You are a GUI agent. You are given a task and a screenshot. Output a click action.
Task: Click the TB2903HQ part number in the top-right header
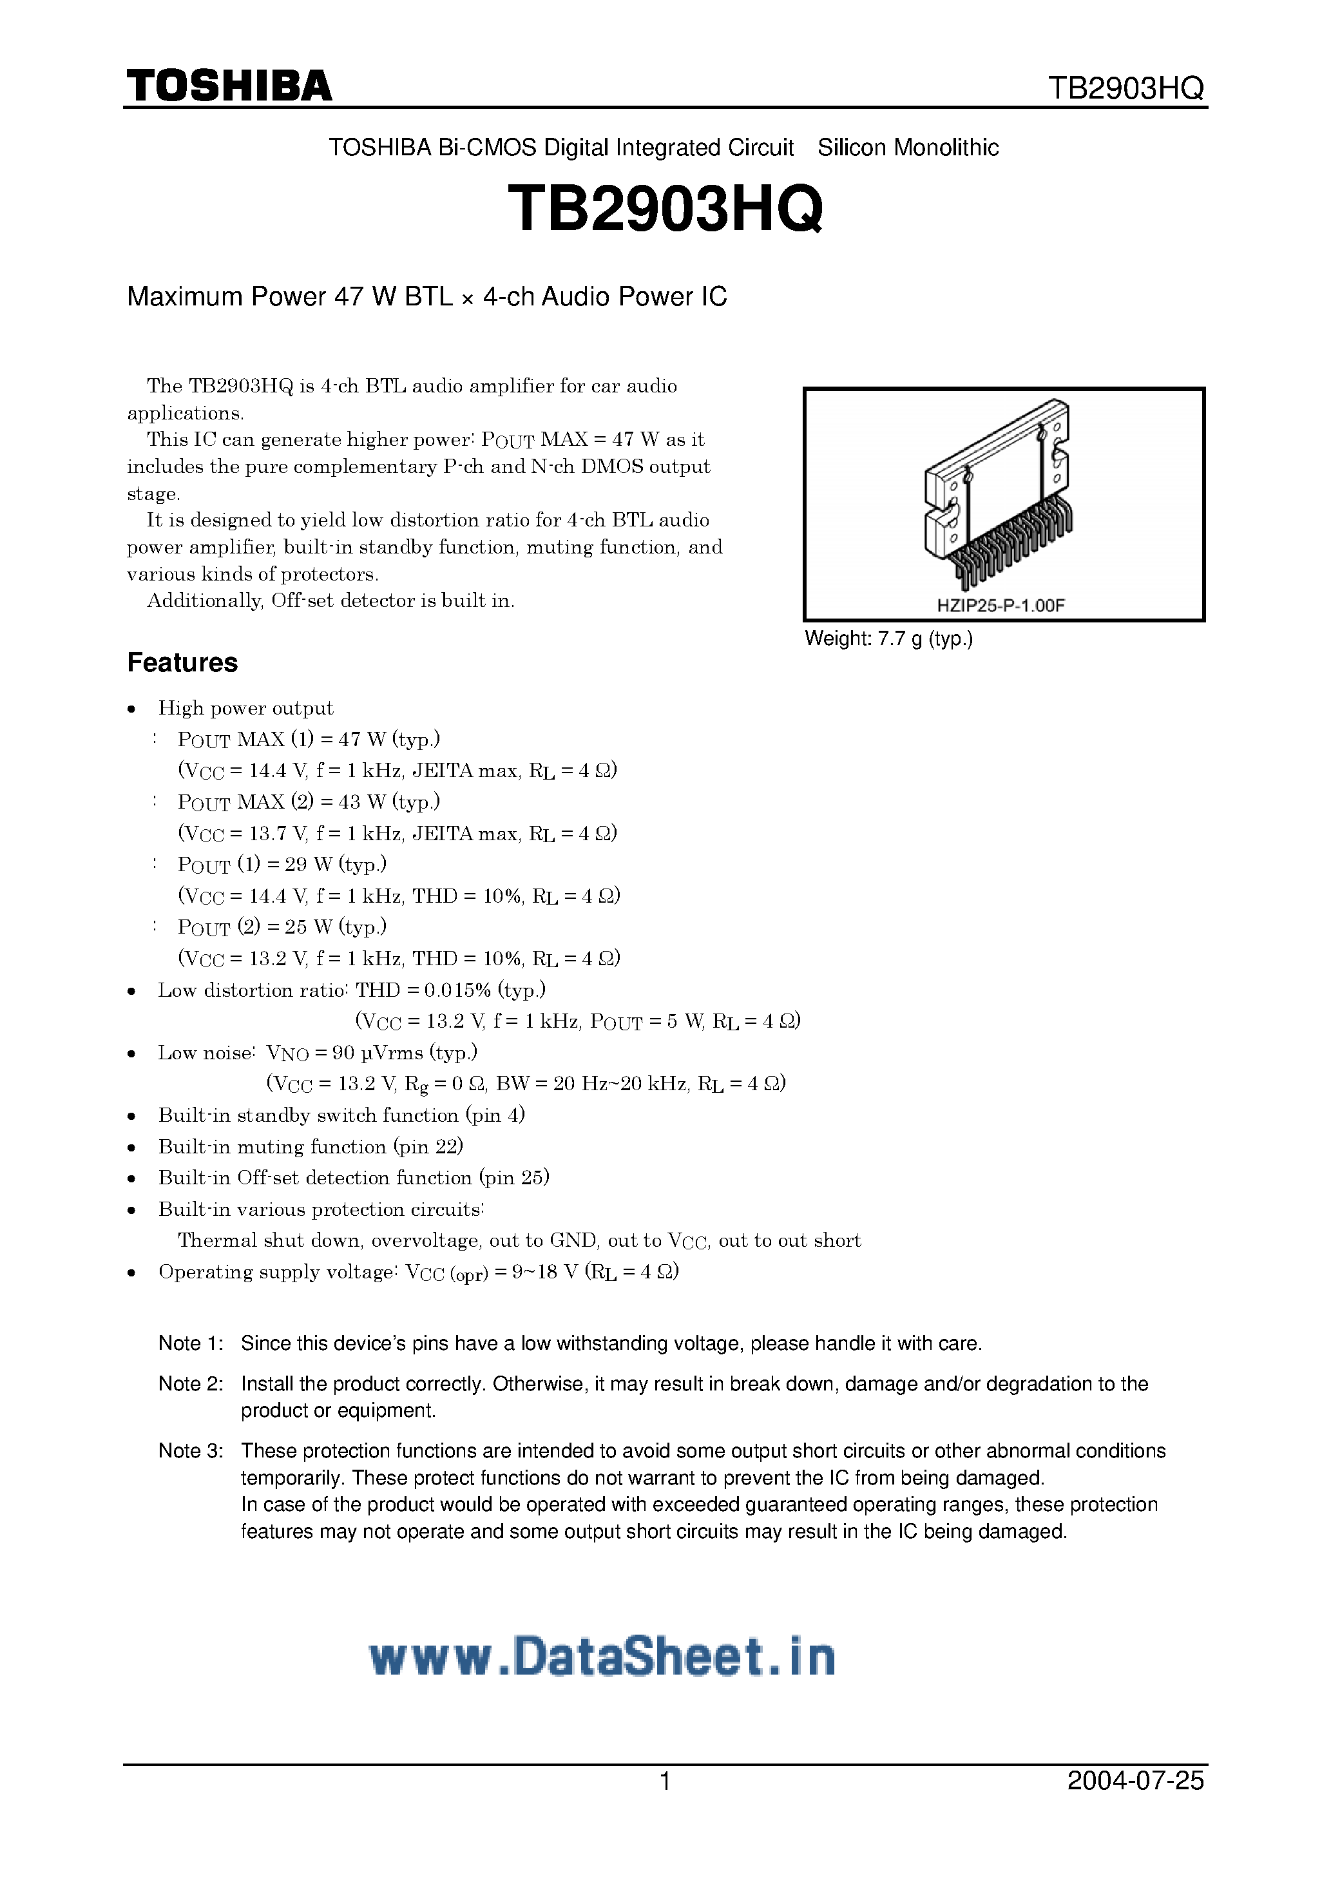tap(1126, 89)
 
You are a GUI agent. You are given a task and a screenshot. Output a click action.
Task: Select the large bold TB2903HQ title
tap(665, 208)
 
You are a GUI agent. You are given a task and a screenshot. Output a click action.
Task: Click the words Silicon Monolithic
tap(908, 148)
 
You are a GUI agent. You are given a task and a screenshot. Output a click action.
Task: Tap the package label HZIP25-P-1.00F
tap(1001, 606)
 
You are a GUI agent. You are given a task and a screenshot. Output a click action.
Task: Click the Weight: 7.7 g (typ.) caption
tap(888, 639)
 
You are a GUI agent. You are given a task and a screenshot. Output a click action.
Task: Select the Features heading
tap(182, 662)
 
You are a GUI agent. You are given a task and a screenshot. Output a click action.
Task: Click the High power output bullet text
tap(245, 708)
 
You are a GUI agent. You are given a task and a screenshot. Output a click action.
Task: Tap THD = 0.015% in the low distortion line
tap(423, 990)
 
